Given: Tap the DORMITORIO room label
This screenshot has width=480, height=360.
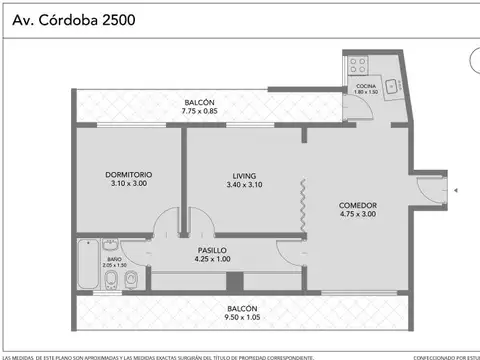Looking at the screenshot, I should pyautogui.click(x=127, y=175).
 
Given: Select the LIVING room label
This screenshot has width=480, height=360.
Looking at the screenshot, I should pyautogui.click(x=242, y=175).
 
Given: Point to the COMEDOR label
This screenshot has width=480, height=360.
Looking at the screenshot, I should pyautogui.click(x=357, y=205).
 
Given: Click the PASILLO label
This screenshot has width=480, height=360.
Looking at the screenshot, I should pyautogui.click(x=212, y=251).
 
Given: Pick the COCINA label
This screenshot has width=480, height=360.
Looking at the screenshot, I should pyautogui.click(x=366, y=87).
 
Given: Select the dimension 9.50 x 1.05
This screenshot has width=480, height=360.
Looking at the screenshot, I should pyautogui.click(x=242, y=317).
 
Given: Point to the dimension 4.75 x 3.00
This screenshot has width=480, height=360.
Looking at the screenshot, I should pyautogui.click(x=357, y=214).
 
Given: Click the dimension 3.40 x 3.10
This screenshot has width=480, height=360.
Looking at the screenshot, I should pyautogui.click(x=242, y=184).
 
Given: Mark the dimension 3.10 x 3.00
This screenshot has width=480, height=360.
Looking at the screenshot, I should pyautogui.click(x=127, y=184).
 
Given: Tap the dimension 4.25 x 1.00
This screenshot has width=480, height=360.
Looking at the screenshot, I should pyautogui.click(x=212, y=260).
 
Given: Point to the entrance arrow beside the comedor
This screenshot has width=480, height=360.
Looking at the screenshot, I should pyautogui.click(x=455, y=188).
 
